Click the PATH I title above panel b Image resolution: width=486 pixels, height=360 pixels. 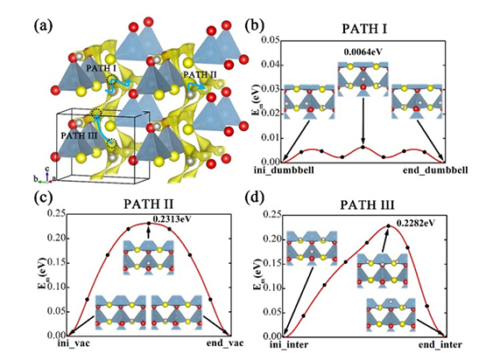[x=364, y=29]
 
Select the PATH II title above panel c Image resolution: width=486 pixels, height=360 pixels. [x=149, y=204]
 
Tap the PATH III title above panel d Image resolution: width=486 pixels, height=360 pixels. [x=367, y=205]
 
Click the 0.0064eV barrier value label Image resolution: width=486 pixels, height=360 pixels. [x=363, y=52]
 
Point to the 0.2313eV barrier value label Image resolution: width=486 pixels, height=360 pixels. [x=172, y=219]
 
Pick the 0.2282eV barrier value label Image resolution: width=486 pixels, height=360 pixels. [x=415, y=223]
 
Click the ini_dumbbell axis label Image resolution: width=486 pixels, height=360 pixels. [x=284, y=170]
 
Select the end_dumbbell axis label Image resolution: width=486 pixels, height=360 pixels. [x=435, y=170]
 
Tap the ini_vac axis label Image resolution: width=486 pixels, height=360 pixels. [x=74, y=343]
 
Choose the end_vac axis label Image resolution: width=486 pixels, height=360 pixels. [x=225, y=343]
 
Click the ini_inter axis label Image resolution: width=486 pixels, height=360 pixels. [x=289, y=344]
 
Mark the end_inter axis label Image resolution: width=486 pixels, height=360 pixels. [x=440, y=344]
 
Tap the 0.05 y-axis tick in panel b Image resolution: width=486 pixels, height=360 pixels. [x=270, y=40]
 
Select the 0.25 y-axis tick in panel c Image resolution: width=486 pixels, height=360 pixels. [x=56, y=213]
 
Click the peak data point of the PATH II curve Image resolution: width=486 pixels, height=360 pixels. [x=149, y=223]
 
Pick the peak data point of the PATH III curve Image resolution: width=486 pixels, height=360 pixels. [x=389, y=225]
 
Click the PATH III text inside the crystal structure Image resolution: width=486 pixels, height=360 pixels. [x=80, y=135]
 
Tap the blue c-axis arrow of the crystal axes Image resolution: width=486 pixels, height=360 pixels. [x=46, y=176]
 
